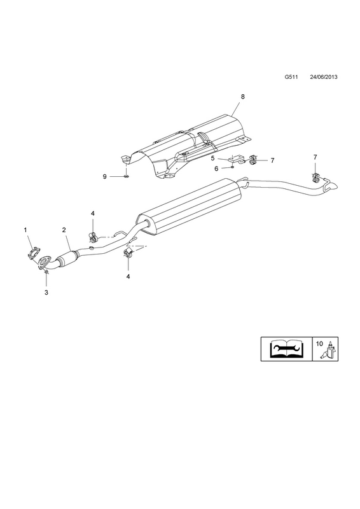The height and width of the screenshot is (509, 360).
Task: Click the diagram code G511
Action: [291, 77]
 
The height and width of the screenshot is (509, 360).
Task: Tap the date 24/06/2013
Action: [324, 77]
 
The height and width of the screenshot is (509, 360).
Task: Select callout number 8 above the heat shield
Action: [242, 97]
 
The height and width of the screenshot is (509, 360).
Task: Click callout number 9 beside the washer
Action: [104, 177]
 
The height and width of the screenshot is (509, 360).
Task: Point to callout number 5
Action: [212, 158]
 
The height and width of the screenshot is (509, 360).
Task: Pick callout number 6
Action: [216, 169]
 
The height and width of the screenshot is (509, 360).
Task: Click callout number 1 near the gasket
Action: [25, 230]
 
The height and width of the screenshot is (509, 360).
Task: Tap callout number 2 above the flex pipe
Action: [64, 230]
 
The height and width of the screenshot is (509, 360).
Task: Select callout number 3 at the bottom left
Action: [46, 292]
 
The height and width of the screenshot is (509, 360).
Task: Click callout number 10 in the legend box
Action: [319, 344]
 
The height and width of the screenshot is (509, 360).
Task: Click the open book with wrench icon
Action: [286, 349]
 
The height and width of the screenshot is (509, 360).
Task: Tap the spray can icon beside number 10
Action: [329, 350]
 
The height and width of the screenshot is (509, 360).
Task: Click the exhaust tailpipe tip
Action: [333, 186]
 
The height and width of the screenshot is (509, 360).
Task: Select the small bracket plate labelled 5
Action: [236, 160]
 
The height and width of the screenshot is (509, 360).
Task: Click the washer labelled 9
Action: [127, 176]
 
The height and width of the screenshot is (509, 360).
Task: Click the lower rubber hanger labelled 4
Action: [127, 253]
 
